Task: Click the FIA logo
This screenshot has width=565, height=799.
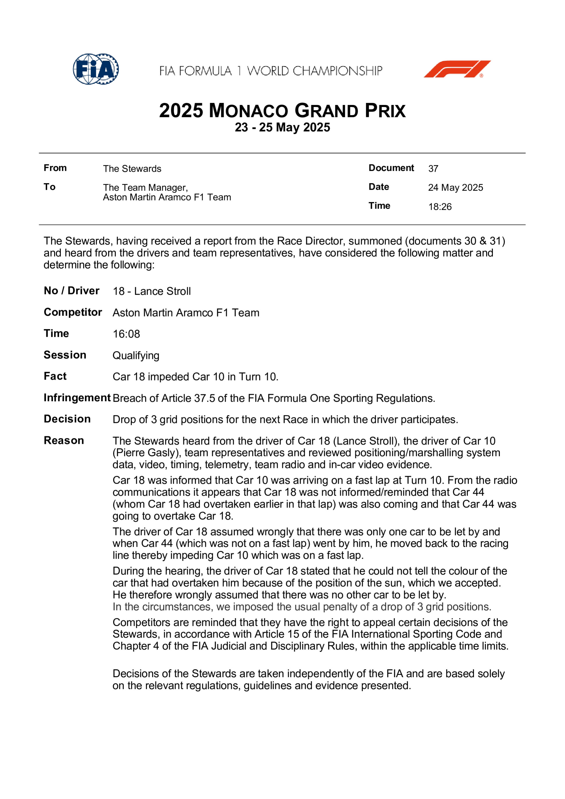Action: point(96,69)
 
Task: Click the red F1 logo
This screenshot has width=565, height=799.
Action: point(457,69)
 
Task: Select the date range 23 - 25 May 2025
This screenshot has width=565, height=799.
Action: point(282,127)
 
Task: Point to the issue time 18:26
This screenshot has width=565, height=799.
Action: point(440,207)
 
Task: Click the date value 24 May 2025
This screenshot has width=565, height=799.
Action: point(455,187)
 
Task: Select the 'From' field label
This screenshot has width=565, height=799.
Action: point(55,168)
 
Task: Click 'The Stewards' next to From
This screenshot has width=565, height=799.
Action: point(132,169)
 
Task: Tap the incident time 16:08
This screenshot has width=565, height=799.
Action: point(126,334)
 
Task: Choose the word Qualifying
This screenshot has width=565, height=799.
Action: point(136,356)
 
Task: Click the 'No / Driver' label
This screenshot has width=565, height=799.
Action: point(71,291)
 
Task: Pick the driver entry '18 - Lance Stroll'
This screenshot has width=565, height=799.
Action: point(152,291)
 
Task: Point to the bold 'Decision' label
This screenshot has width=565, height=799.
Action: point(67,419)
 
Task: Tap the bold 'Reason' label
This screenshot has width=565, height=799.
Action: point(64,441)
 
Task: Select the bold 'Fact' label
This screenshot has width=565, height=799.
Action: point(55,376)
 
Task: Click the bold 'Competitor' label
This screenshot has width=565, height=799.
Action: point(73,312)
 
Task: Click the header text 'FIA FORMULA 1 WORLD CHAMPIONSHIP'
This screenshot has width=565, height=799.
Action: point(271,71)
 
